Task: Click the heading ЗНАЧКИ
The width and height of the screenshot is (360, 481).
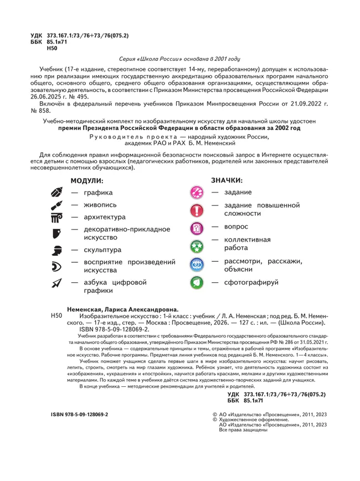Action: [227, 180]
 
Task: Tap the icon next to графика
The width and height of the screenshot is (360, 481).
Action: [57, 193]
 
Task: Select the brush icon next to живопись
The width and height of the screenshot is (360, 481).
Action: [57, 205]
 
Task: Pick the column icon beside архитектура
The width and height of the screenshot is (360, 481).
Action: [57, 217]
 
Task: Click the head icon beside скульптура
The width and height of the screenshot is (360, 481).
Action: [57, 250]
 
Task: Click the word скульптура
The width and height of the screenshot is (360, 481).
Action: [102, 250]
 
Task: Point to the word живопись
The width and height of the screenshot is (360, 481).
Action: [100, 205]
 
